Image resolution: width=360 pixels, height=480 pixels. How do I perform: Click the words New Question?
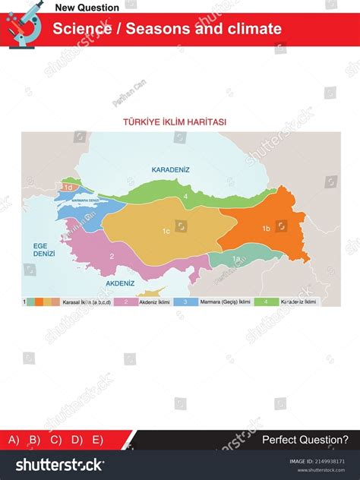pyautogui.click(x=87, y=8)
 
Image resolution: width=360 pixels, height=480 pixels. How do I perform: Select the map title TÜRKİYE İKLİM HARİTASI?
pyautogui.click(x=175, y=122)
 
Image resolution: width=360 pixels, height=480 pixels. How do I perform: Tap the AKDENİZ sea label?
pyautogui.click(x=120, y=283)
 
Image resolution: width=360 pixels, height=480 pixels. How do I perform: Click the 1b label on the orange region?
pyautogui.click(x=266, y=228)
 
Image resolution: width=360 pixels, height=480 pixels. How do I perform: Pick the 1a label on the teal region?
pyautogui.click(x=235, y=259)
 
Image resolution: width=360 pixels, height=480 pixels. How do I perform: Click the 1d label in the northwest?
pyautogui.click(x=68, y=187)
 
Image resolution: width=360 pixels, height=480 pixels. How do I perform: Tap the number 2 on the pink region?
pyautogui.click(x=112, y=256)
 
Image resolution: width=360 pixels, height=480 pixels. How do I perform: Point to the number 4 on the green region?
pyautogui.click(x=185, y=197)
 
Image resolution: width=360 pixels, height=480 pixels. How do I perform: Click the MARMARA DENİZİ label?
pyautogui.click(x=84, y=200)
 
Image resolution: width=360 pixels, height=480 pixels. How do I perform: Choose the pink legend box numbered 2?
pyautogui.click(x=125, y=302)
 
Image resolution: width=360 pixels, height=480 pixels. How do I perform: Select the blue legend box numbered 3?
pyautogui.click(x=185, y=302)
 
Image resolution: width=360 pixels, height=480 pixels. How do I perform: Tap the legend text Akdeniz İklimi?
pyautogui.click(x=152, y=302)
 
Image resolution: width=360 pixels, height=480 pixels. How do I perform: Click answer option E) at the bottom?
pyautogui.click(x=97, y=440)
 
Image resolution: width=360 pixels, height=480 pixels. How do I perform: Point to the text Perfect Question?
pyautogui.click(x=305, y=440)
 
